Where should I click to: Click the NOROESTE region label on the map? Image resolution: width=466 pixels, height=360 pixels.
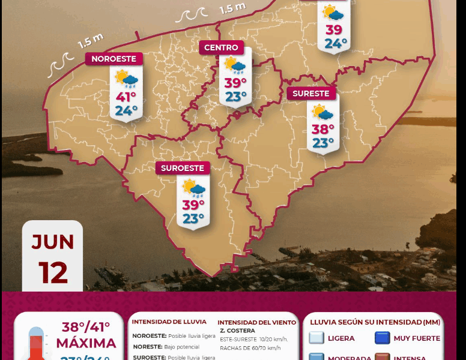[114, 59]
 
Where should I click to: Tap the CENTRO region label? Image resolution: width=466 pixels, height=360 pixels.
[221, 48]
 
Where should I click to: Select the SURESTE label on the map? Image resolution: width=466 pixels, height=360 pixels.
[310, 94]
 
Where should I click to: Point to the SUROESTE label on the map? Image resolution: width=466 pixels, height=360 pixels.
[183, 168]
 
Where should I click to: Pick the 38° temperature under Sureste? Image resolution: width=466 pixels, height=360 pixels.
[323, 129]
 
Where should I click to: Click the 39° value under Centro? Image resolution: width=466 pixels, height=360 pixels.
[236, 83]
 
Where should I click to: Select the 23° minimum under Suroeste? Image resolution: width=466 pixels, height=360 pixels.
[193, 218]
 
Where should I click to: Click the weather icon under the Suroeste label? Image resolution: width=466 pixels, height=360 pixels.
[194, 189]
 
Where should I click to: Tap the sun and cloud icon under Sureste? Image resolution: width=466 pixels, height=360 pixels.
[323, 112]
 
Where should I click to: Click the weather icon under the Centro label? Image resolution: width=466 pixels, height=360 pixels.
[235, 65]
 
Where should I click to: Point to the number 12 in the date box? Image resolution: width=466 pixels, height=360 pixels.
[53, 273]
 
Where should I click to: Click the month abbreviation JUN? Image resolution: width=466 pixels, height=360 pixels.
[53, 242]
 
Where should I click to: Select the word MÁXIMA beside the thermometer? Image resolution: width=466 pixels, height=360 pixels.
[86, 344]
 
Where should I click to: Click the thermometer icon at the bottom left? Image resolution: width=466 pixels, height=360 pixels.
[37, 346]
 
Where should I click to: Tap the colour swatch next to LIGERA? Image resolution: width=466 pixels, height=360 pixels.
[316, 338]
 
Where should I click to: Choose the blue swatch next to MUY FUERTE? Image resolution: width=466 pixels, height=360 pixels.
[383, 338]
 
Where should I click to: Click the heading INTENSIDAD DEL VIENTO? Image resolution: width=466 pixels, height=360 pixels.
[256, 322]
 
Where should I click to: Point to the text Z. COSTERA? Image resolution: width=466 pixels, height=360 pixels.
[237, 331]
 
